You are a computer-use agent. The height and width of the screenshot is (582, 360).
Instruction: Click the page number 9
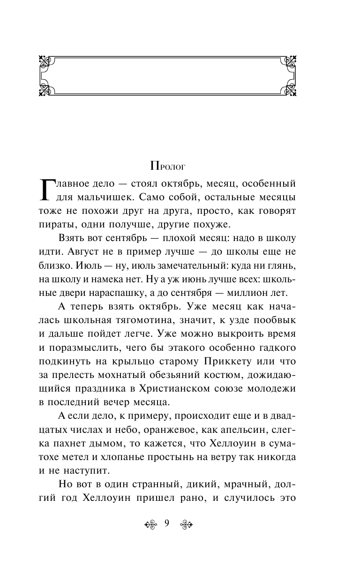[167, 524]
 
